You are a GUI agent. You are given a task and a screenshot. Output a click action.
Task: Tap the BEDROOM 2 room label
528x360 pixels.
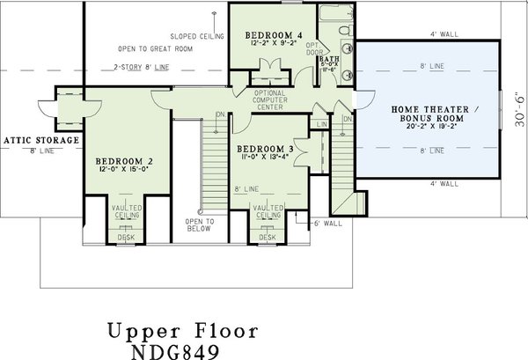point(125,162)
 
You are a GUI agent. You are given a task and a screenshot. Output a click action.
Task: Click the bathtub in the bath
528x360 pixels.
point(335,14)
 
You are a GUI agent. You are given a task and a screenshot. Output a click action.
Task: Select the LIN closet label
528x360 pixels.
point(322,126)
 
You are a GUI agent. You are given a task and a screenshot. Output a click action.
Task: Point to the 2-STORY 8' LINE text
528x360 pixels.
point(142,69)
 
